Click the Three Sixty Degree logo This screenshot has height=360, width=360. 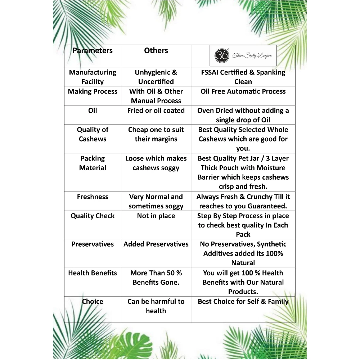[x=243, y=56]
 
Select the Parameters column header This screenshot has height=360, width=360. [x=93, y=51]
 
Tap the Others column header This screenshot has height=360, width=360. [x=156, y=51]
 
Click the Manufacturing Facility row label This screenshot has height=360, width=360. [x=93, y=77]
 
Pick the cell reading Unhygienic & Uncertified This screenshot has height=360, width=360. [x=156, y=77]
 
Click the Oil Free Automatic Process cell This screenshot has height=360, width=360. [x=243, y=91]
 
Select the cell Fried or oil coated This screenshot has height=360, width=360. [x=156, y=111]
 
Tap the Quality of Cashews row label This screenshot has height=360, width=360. [x=93, y=134]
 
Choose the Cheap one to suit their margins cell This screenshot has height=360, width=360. [x=156, y=134]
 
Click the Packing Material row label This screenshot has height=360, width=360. [x=93, y=163]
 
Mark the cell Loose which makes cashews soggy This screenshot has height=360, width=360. [x=156, y=163]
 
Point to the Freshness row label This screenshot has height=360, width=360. [x=93, y=197]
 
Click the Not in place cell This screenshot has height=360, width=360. [x=156, y=216]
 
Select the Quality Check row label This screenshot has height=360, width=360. [x=93, y=216]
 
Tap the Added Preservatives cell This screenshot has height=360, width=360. [x=156, y=244]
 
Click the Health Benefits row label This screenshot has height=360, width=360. [x=93, y=273]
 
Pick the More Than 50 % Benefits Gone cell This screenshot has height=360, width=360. [x=156, y=278]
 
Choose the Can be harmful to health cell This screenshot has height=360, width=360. [x=156, y=306]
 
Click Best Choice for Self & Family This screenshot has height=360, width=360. [x=243, y=302]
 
